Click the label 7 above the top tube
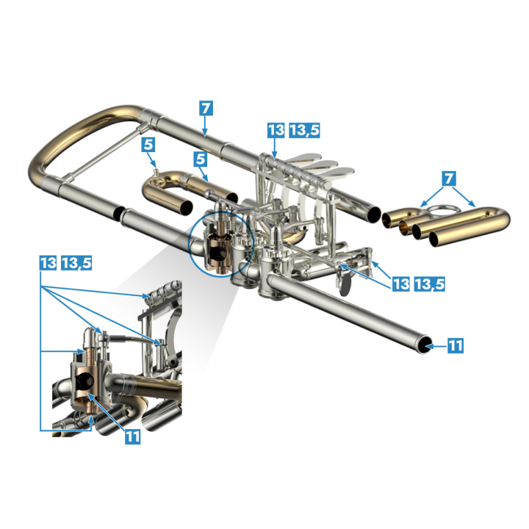[206, 108]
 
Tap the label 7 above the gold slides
[449, 179]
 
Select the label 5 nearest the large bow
[148, 145]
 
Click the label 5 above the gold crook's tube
[201, 159]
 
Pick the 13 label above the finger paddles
[276, 130]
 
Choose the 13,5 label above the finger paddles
[304, 130]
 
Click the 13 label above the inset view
[48, 262]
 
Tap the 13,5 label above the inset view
[76, 262]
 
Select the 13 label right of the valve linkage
[401, 284]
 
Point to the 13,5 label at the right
[429, 284]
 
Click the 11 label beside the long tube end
[456, 345]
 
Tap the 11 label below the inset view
[132, 436]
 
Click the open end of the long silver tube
[424, 345]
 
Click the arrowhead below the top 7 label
[204, 133]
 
